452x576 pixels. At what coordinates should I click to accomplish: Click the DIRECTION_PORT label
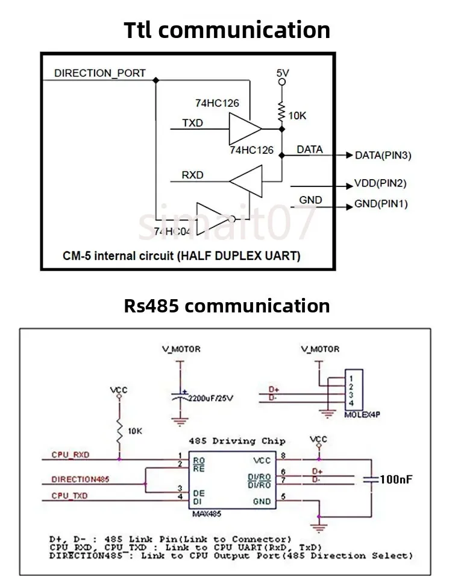click(100, 73)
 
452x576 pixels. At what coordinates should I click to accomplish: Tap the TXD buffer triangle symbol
click(245, 128)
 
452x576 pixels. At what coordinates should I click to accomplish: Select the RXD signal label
click(193, 176)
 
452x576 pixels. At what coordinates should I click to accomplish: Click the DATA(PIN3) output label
click(383, 156)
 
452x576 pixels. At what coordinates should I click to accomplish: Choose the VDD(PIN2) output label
click(380, 183)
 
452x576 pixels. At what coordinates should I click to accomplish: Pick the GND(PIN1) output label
click(381, 204)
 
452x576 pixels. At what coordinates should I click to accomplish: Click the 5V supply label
click(283, 72)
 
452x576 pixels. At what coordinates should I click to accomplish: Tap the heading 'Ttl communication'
click(227, 30)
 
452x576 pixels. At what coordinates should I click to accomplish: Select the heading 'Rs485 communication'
click(227, 305)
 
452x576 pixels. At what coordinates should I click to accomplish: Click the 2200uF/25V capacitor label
click(210, 399)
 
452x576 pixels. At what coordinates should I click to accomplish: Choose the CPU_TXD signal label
click(69, 496)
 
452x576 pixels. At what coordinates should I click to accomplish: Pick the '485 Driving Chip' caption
click(237, 441)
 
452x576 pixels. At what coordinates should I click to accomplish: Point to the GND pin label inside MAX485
click(262, 501)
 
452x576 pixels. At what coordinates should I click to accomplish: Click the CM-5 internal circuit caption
click(181, 256)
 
